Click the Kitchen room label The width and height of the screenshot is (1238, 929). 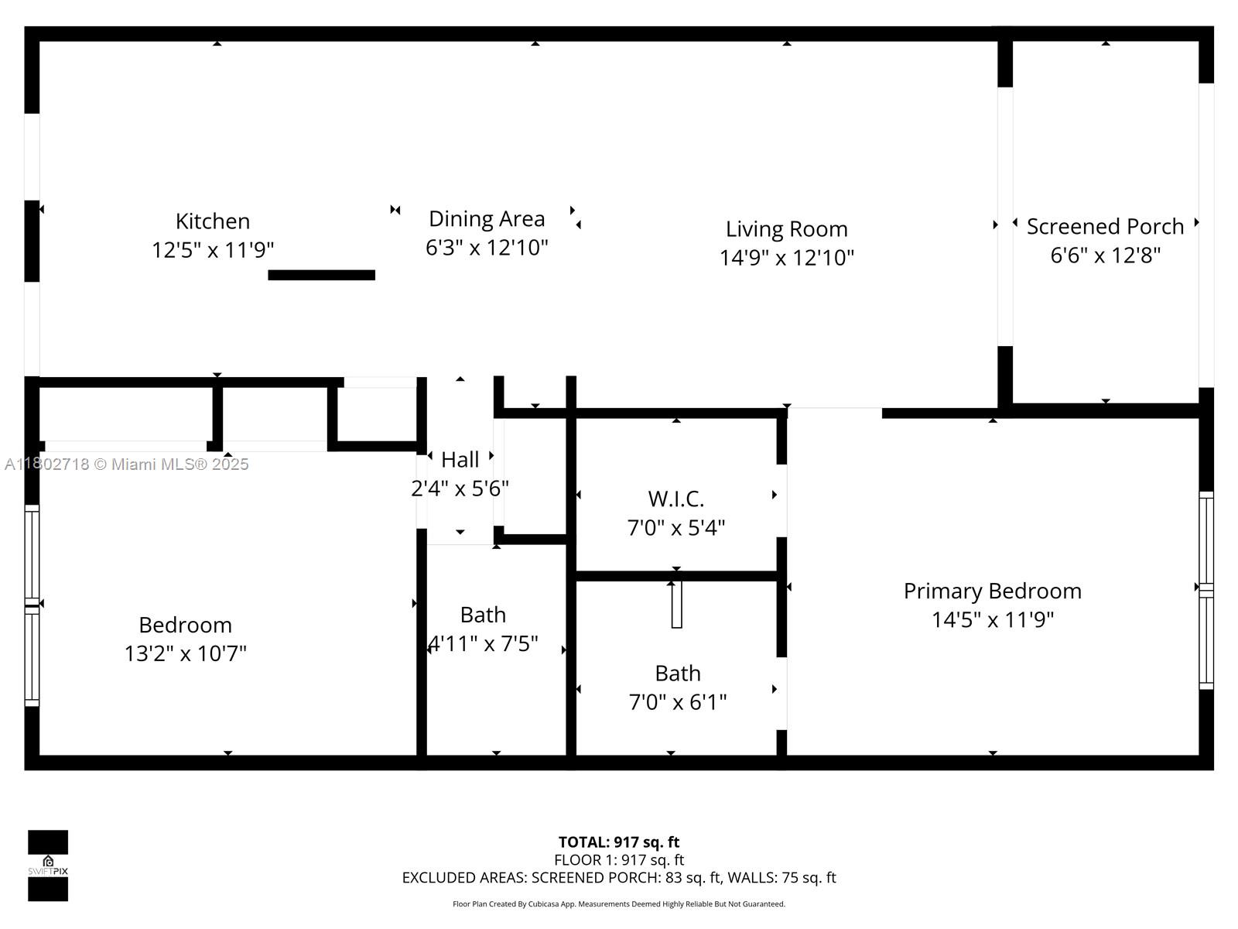[213, 221]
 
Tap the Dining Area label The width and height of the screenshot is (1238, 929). [487, 219]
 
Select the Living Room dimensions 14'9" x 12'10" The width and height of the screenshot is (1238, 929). [787, 258]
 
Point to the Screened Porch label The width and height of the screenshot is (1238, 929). [1105, 227]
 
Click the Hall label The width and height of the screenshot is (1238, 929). [460, 460]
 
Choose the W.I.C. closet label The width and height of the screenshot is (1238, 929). [675, 499]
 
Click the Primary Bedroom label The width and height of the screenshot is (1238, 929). [993, 591]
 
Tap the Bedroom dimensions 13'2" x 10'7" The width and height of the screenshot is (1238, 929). [186, 653]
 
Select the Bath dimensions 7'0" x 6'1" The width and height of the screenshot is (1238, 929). [677, 702]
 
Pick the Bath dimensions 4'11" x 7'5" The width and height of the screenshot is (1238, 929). [483, 643]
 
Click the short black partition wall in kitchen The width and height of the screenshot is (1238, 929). [321, 276]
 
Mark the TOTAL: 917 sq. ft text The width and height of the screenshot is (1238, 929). [619, 842]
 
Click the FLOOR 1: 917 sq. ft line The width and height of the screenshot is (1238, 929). [619, 860]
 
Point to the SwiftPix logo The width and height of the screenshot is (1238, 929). [48, 866]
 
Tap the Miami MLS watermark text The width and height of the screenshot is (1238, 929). [126, 464]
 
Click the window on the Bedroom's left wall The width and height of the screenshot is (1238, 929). [32, 605]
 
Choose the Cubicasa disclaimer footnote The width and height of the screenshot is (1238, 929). [619, 904]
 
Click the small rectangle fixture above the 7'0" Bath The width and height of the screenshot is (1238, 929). [677, 604]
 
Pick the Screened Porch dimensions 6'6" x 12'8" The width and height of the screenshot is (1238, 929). [1105, 255]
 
